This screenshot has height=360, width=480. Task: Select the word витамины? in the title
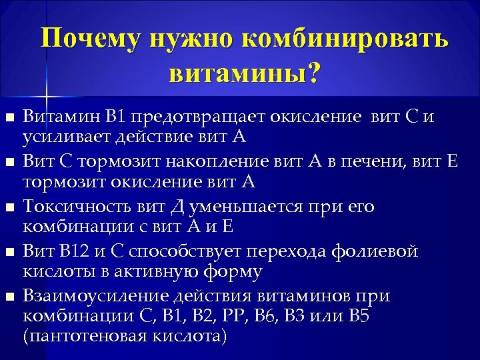coord(244,74)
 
